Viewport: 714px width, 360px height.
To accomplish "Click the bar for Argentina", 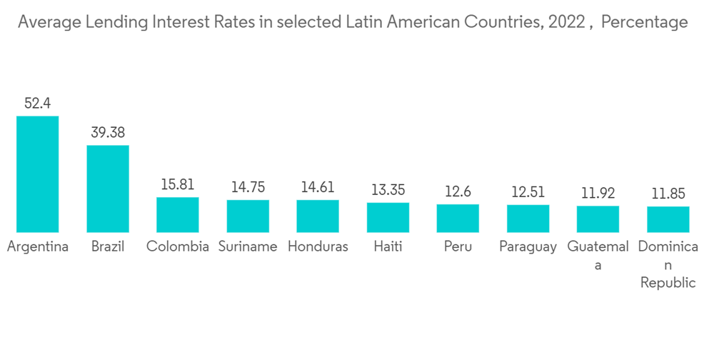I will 38,174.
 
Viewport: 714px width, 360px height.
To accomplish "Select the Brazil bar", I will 108,189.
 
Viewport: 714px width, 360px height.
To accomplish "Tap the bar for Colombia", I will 178,214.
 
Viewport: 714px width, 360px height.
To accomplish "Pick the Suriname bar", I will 248,216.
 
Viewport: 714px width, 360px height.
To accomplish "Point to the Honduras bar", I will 318,216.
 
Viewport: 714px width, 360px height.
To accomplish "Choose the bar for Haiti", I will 388,217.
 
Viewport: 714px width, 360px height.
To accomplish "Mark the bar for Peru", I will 458,218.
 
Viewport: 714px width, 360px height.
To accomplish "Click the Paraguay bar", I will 528,218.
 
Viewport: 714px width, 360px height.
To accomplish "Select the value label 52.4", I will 38,104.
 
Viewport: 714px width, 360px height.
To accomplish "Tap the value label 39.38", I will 108,133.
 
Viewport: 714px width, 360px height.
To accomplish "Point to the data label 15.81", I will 178,184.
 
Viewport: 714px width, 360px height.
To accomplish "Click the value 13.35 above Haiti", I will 388,190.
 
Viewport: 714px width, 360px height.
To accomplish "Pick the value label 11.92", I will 598,193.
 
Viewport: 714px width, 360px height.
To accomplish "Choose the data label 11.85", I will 668,194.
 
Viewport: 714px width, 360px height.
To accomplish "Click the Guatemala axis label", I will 598,255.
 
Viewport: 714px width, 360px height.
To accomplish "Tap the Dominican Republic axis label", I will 668,264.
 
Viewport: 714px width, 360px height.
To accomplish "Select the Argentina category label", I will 38,247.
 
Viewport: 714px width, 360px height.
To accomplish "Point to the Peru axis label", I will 458,247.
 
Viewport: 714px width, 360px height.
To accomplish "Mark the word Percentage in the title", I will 644,23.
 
